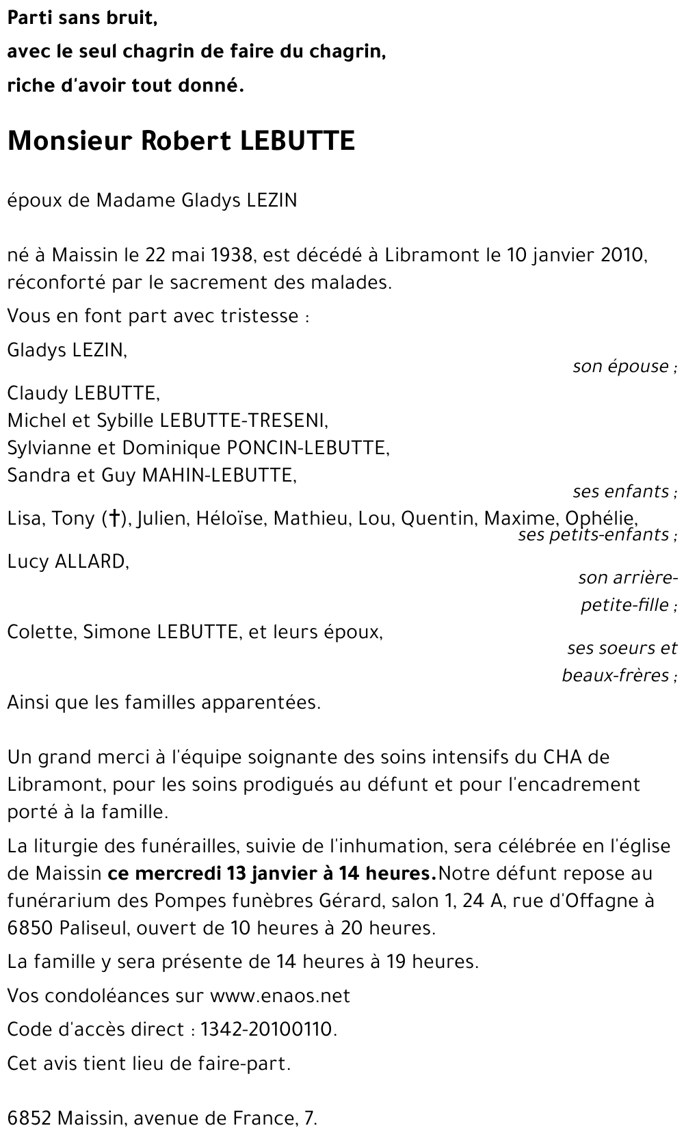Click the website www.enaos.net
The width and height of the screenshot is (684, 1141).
click(280, 995)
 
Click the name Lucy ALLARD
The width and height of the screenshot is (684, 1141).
click(67, 562)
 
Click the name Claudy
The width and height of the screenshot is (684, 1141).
click(38, 393)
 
